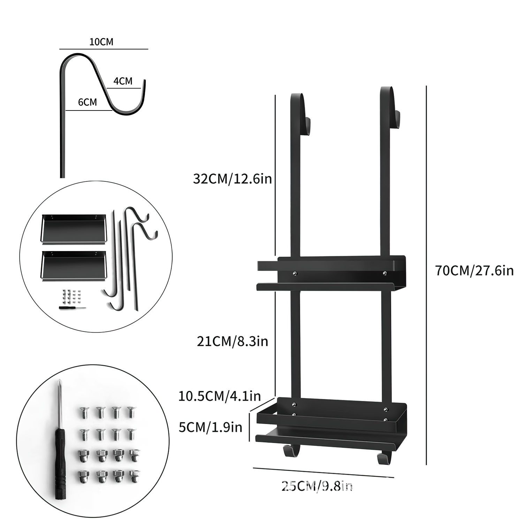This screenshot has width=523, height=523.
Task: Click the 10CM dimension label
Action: coord(101,42)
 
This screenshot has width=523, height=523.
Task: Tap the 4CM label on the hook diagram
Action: coord(123,81)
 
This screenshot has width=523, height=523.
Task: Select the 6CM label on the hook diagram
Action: coord(87,102)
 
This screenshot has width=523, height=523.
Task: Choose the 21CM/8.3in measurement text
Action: coord(232,341)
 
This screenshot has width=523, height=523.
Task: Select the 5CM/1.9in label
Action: coord(210,427)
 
